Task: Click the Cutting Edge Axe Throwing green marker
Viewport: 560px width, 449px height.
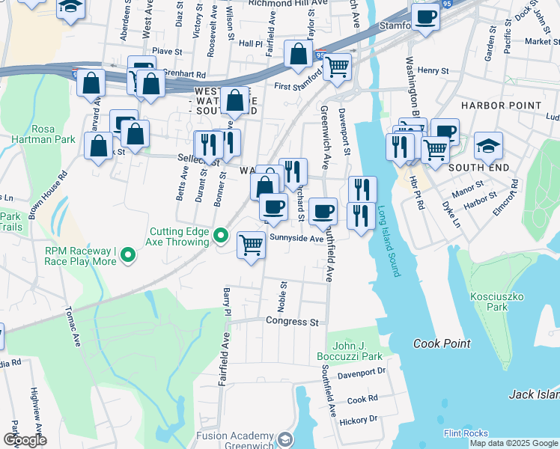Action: tap(220, 236)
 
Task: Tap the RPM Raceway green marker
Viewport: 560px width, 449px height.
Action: tap(128, 256)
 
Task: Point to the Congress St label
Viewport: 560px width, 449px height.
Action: tap(293, 322)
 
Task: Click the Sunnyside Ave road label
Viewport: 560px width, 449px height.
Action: tap(296, 239)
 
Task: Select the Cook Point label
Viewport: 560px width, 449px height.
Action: tap(442, 343)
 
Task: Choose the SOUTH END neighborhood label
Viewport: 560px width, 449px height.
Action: tap(478, 168)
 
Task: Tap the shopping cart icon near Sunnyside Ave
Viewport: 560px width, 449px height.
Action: tap(252, 245)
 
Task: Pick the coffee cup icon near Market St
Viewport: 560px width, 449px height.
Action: tap(425, 17)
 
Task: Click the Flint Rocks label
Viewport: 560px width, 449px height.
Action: tap(466, 433)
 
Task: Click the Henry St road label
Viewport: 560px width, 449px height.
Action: tap(433, 70)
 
